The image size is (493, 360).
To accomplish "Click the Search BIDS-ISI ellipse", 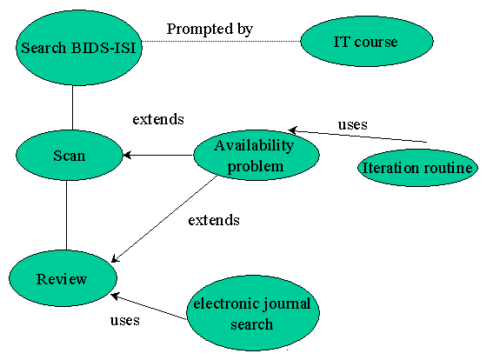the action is (79, 48).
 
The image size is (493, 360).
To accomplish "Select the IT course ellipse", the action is (367, 41).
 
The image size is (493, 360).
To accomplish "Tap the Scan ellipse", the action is (70, 156).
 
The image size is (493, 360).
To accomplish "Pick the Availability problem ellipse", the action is (256, 156).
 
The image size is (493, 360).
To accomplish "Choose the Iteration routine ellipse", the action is (417, 168).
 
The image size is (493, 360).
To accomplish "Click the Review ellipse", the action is (63, 278).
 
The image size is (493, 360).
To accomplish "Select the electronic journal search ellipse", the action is (253, 313).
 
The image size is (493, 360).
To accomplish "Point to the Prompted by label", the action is (210, 30).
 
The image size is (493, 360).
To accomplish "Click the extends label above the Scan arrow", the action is (158, 119).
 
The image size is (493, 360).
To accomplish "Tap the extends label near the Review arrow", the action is (214, 220).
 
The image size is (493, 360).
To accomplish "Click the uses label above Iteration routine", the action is (353, 125).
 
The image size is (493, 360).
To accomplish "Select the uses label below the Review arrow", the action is (125, 320).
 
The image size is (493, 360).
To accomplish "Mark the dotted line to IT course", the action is (221, 41).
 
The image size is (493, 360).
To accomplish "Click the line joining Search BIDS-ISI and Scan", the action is (73, 108).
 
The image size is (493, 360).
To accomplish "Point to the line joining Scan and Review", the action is (66, 216).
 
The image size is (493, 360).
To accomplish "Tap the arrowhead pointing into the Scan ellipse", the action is (126, 155).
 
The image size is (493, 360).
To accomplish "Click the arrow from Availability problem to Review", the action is (164, 219).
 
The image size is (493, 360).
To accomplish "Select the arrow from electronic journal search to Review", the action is (149, 307).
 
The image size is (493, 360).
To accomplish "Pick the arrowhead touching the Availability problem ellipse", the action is (293, 130).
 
